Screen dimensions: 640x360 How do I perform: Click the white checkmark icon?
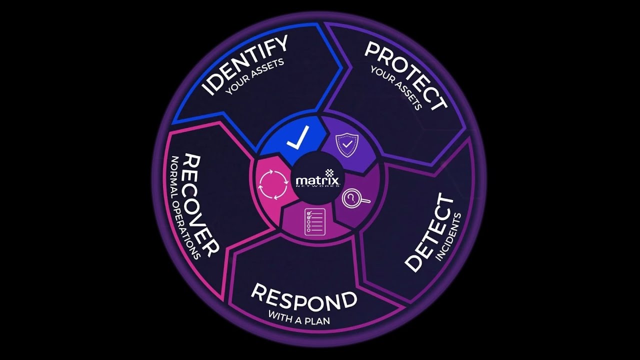click(x=298, y=137)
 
